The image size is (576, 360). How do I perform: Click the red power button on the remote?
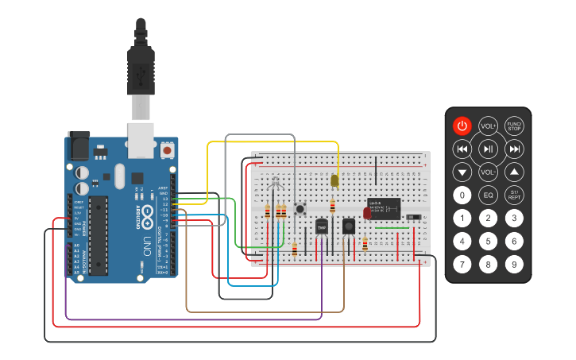point(462,126)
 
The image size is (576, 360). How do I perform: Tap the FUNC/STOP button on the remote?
point(514,126)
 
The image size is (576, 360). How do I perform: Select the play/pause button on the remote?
point(489,149)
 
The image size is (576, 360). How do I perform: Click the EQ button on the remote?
point(489,195)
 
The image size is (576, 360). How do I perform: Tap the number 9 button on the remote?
point(514,264)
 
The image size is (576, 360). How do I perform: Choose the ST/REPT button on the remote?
point(514,195)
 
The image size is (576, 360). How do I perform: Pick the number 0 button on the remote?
point(462,195)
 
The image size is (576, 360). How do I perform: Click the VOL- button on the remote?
point(489,172)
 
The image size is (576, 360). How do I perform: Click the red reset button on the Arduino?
point(167,149)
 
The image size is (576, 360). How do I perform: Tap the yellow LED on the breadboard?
point(334,181)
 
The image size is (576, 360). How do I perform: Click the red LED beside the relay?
point(366,212)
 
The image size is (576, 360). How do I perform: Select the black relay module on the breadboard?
point(384,208)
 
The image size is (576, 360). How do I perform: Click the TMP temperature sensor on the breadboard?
point(322,227)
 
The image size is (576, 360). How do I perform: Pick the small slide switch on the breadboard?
point(413,218)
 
